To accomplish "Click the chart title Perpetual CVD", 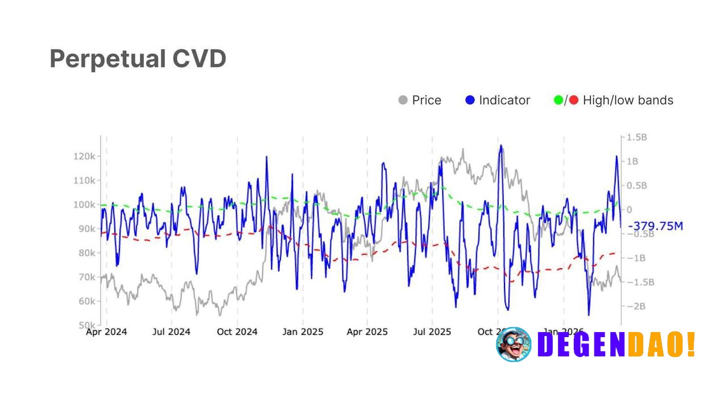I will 138,59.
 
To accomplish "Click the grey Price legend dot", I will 403,101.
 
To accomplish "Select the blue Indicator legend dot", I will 470,101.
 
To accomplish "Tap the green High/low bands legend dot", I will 559,101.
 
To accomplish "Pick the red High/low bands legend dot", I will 573,101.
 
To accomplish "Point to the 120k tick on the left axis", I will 84,156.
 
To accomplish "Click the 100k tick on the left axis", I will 84,205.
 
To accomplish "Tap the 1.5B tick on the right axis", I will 636,138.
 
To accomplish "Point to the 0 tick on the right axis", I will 629,210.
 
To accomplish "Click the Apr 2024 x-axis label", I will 106,332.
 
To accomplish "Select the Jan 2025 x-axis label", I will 303,332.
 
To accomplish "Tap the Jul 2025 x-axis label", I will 432,332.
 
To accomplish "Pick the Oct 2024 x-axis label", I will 237,332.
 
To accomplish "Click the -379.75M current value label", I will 655,226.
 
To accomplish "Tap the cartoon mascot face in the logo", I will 514,345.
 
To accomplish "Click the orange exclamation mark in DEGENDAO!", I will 691,345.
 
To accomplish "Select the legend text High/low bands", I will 628,101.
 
